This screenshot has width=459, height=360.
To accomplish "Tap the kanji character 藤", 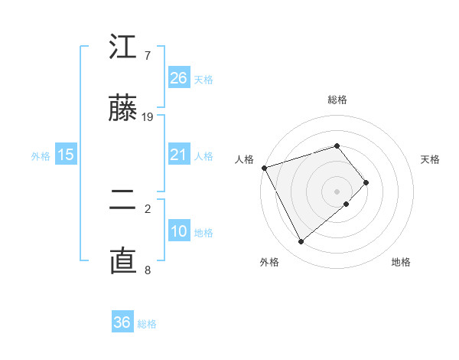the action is (x=123, y=110).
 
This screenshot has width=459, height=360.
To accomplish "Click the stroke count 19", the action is (x=148, y=117).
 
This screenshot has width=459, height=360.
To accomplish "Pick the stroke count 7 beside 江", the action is (x=148, y=56).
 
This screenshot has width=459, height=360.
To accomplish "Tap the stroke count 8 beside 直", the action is (x=148, y=270).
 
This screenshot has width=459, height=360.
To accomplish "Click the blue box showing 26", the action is (x=179, y=78).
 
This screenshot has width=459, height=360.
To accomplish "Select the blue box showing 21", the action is (x=179, y=155).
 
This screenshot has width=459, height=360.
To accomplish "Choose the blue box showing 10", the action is (x=179, y=231).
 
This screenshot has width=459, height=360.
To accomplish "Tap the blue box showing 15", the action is (x=66, y=155).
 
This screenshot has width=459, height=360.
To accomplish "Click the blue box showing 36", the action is (x=122, y=322).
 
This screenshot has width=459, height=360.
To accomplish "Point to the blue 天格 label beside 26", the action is (x=203, y=79).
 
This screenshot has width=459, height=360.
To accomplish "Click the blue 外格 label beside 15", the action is (x=41, y=155).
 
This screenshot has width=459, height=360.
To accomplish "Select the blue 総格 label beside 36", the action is (x=147, y=323).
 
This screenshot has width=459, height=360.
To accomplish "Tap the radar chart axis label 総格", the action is (x=337, y=100).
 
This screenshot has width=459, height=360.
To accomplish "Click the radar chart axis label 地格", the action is (x=401, y=263).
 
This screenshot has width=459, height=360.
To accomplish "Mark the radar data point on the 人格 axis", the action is (x=264, y=168).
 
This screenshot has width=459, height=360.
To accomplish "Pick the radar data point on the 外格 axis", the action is (x=301, y=242).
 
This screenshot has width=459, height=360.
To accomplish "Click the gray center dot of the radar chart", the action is (x=337, y=190).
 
